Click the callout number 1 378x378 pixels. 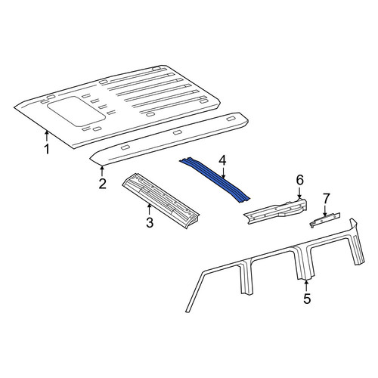pos(47,149)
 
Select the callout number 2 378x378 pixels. pos(102,184)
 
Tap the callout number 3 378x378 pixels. pos(150,222)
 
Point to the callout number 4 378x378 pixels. pos(223,160)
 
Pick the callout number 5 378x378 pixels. pos(307,299)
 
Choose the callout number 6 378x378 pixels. pos(299,180)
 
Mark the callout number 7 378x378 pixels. pos(326,199)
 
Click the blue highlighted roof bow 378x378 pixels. pos(215,180)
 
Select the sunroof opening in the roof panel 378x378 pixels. pos(76,111)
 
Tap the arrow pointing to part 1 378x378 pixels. pos(46,135)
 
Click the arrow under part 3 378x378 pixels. pos(149,209)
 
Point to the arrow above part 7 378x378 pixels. pos(324,210)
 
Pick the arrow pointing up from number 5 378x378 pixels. pos(306,286)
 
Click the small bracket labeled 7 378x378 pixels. pos(325,219)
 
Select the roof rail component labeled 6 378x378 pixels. pos(276,211)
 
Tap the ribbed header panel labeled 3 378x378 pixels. pos(161,200)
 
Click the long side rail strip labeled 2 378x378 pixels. pos(169,139)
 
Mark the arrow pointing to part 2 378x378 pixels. pos(102,171)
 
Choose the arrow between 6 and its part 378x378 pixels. pos(299,192)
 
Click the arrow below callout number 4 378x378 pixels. pos(223,173)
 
